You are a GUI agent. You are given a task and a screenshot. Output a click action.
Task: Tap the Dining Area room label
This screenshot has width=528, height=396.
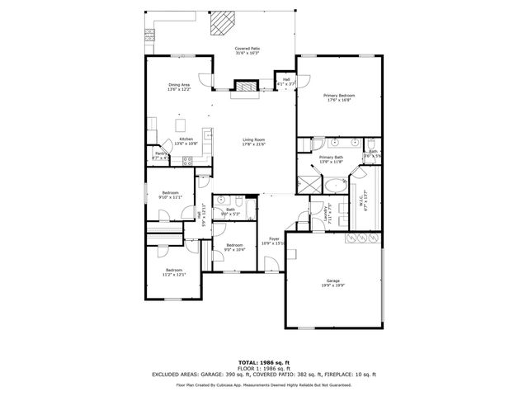point(179,85)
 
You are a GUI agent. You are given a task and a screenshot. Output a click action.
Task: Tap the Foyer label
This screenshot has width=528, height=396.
point(273,239)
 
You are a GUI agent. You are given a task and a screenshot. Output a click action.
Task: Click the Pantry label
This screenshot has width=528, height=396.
point(161,153)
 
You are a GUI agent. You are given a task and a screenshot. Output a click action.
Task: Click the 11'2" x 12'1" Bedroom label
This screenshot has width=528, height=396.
point(174,271)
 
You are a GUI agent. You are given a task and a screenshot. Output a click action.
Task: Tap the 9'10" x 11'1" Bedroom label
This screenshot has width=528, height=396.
point(171,194)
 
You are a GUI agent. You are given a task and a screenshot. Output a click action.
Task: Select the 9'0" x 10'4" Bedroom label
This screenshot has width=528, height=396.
point(235,246)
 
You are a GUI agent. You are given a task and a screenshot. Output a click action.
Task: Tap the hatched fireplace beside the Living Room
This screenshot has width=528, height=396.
point(245,84)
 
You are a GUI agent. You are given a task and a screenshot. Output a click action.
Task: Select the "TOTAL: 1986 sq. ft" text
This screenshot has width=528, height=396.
point(263,362)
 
